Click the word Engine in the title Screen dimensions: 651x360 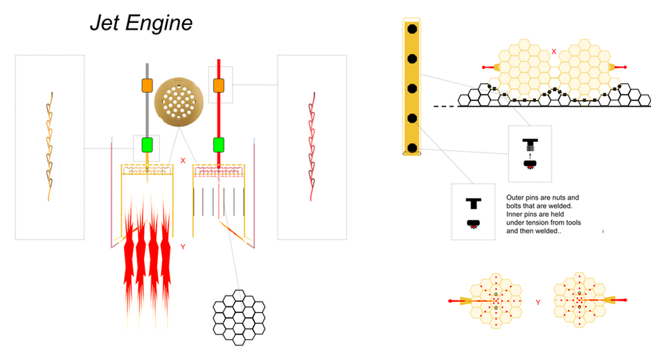pos(159,24)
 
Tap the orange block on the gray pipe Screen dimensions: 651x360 pos(148,86)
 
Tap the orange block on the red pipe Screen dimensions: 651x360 pos(219,86)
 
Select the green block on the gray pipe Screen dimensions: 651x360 pos(148,145)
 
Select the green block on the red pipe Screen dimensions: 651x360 pos(219,145)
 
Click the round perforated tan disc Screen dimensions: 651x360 pos(179,102)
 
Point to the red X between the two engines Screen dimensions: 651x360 pos(183,161)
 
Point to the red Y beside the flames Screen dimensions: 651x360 pos(183,246)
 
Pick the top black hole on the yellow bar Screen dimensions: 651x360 pos(412,28)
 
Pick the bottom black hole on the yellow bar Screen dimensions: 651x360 pos(412,148)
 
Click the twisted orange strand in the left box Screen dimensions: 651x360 pos(49,146)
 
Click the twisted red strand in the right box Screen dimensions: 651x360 pos(312,146)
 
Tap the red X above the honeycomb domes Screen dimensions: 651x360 pos(554,52)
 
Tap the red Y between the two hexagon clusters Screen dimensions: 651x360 pos(538,303)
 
